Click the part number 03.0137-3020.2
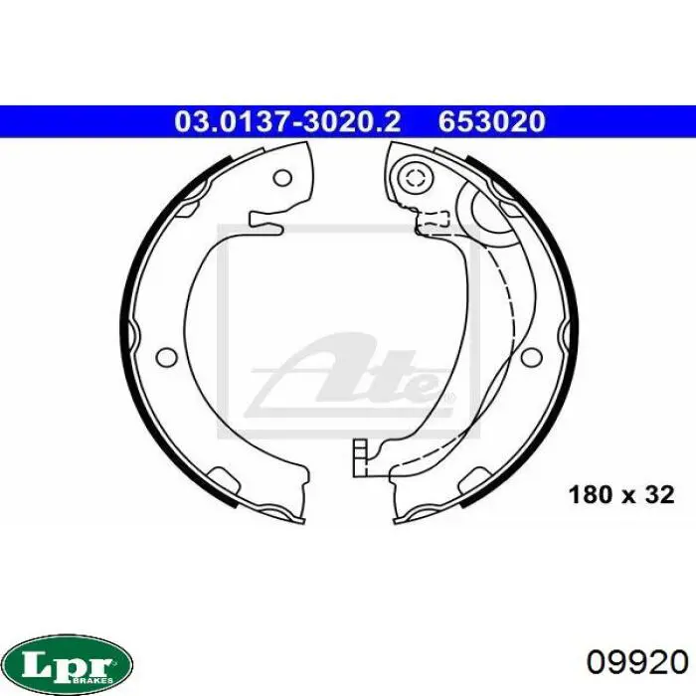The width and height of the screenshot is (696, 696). pos(287,122)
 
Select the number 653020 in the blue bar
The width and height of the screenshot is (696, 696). pos(492,122)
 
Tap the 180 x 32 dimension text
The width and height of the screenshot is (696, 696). pos(621,495)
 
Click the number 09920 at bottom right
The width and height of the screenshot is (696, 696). pos(637,663)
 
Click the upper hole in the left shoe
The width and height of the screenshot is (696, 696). pos(282,178)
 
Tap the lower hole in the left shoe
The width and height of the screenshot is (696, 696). pos(167,356)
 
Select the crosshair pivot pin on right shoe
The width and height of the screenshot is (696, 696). pos(416,178)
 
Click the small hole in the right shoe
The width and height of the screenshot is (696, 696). pos(531,356)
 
